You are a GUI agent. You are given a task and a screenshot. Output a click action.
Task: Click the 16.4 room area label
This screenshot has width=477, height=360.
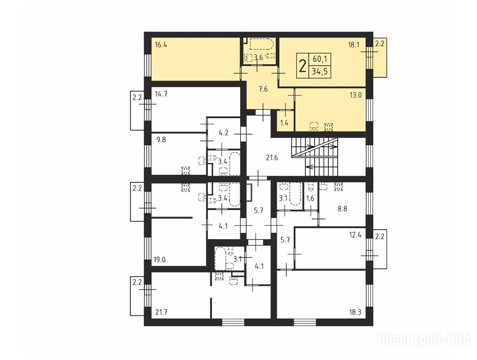click(161, 45)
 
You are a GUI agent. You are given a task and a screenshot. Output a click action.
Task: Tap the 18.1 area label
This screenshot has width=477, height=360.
click(354, 45)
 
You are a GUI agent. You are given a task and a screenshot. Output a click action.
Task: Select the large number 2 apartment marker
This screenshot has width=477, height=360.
click(303, 66)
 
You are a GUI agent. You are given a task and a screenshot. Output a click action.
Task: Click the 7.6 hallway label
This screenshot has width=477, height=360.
click(263, 89)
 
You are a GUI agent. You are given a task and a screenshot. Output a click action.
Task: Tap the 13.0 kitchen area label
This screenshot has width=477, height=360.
click(356, 95)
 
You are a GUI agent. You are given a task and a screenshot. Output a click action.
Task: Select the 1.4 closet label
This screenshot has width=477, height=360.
click(284, 123)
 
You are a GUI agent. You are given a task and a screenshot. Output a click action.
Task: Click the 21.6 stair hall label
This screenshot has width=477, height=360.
click(272, 158)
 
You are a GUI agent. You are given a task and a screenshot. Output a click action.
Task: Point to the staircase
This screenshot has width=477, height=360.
click(314, 157)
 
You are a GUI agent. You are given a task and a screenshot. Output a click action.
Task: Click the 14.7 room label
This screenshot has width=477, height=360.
click(161, 94)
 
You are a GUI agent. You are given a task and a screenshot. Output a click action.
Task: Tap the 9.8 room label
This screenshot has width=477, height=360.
click(161, 140)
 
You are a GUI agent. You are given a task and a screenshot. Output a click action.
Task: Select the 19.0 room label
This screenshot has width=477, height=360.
click(159, 260)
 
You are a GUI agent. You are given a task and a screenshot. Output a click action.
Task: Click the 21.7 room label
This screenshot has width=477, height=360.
click(161, 312)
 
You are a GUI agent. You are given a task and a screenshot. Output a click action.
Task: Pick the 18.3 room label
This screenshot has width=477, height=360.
click(355, 312)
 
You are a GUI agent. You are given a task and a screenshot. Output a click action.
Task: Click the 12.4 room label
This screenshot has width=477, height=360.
click(355, 235)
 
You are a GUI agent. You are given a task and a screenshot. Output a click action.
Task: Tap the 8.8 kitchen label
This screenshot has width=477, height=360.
click(342, 209)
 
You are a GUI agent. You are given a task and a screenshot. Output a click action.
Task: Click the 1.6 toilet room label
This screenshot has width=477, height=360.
click(310, 199)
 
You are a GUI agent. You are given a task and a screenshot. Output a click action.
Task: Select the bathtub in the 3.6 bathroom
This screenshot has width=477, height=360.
click(262, 44)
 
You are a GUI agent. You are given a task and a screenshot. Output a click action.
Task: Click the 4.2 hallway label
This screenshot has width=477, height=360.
click(223, 133)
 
